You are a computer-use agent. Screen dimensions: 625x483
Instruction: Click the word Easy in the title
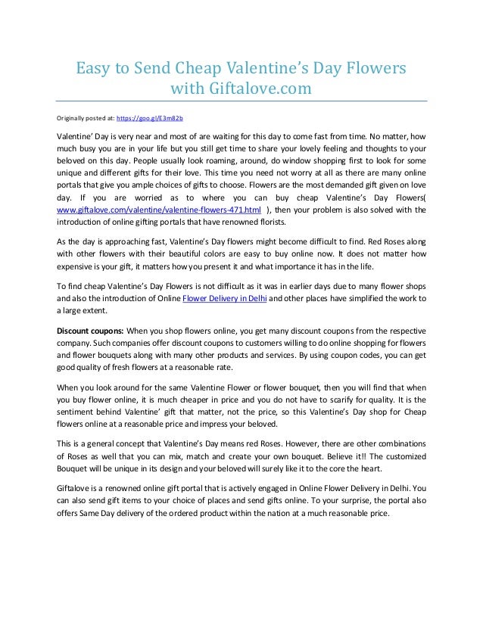(92, 69)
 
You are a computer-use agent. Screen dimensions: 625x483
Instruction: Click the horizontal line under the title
(241, 100)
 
